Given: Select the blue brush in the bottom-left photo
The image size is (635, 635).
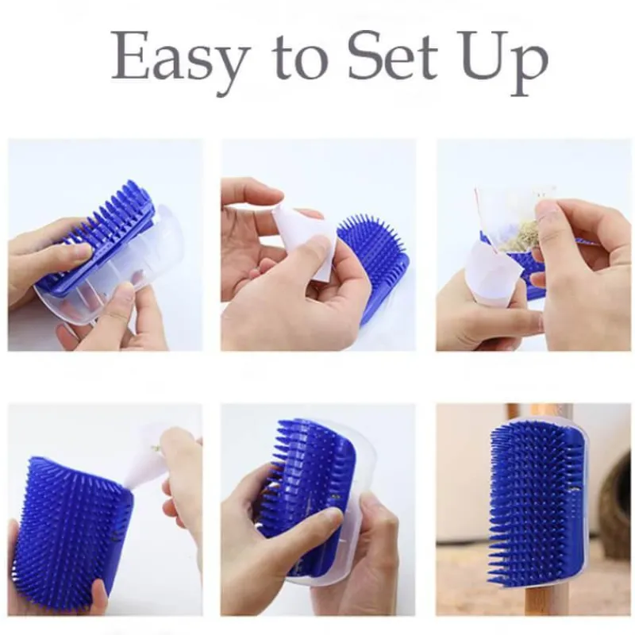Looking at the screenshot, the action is [x=71, y=530].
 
